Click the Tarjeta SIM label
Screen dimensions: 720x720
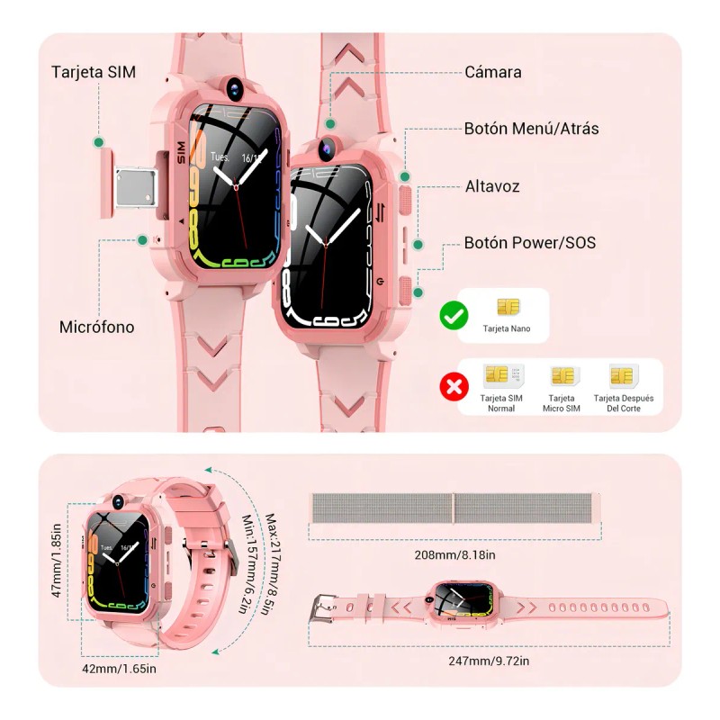coord(94,72)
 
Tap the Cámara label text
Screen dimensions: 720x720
coord(492,72)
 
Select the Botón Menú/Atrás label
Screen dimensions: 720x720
coord(531,129)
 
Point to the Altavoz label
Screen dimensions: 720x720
coord(492,186)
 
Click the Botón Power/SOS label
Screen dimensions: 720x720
coord(529,243)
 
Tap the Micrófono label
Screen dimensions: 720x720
coord(96,327)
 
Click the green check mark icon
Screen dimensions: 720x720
coord(453,316)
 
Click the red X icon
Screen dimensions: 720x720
coord(453,387)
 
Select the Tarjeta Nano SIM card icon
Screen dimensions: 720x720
coord(508,307)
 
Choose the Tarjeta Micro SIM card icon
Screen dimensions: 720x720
coord(562,375)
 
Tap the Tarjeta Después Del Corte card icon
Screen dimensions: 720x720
coord(622,375)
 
